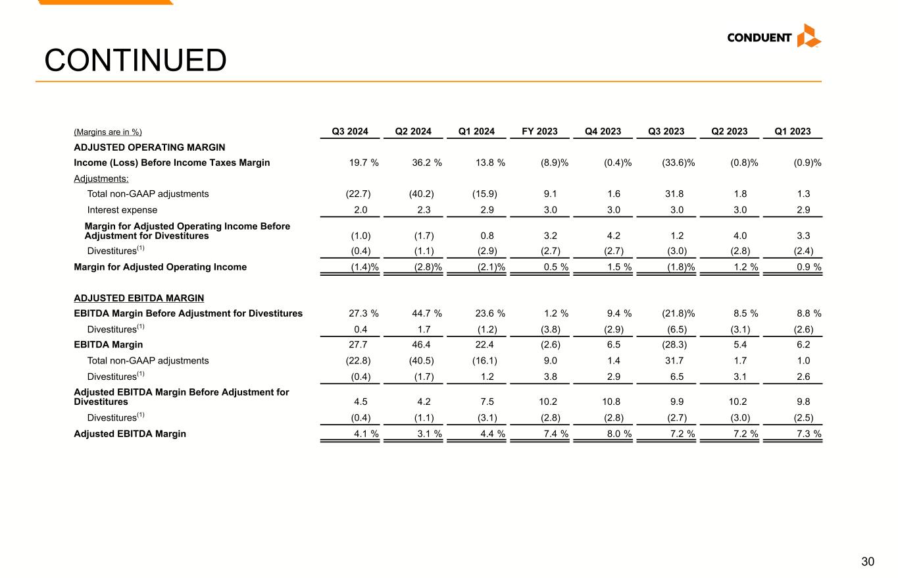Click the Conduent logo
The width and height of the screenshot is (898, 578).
click(x=774, y=37)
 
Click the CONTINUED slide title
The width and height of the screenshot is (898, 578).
click(x=135, y=61)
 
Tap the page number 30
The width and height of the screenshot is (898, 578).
click(x=868, y=562)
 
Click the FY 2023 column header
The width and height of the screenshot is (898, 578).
click(x=539, y=131)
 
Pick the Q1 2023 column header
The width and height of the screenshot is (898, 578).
click(x=793, y=131)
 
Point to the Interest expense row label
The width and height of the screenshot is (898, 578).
click(x=122, y=210)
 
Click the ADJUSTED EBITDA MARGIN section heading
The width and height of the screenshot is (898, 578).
click(x=139, y=298)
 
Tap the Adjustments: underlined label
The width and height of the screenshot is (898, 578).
click(x=101, y=178)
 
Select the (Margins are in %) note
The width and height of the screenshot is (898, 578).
click(x=108, y=132)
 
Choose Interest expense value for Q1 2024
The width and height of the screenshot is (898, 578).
click(x=487, y=210)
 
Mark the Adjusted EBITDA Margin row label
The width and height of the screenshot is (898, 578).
click(x=130, y=434)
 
